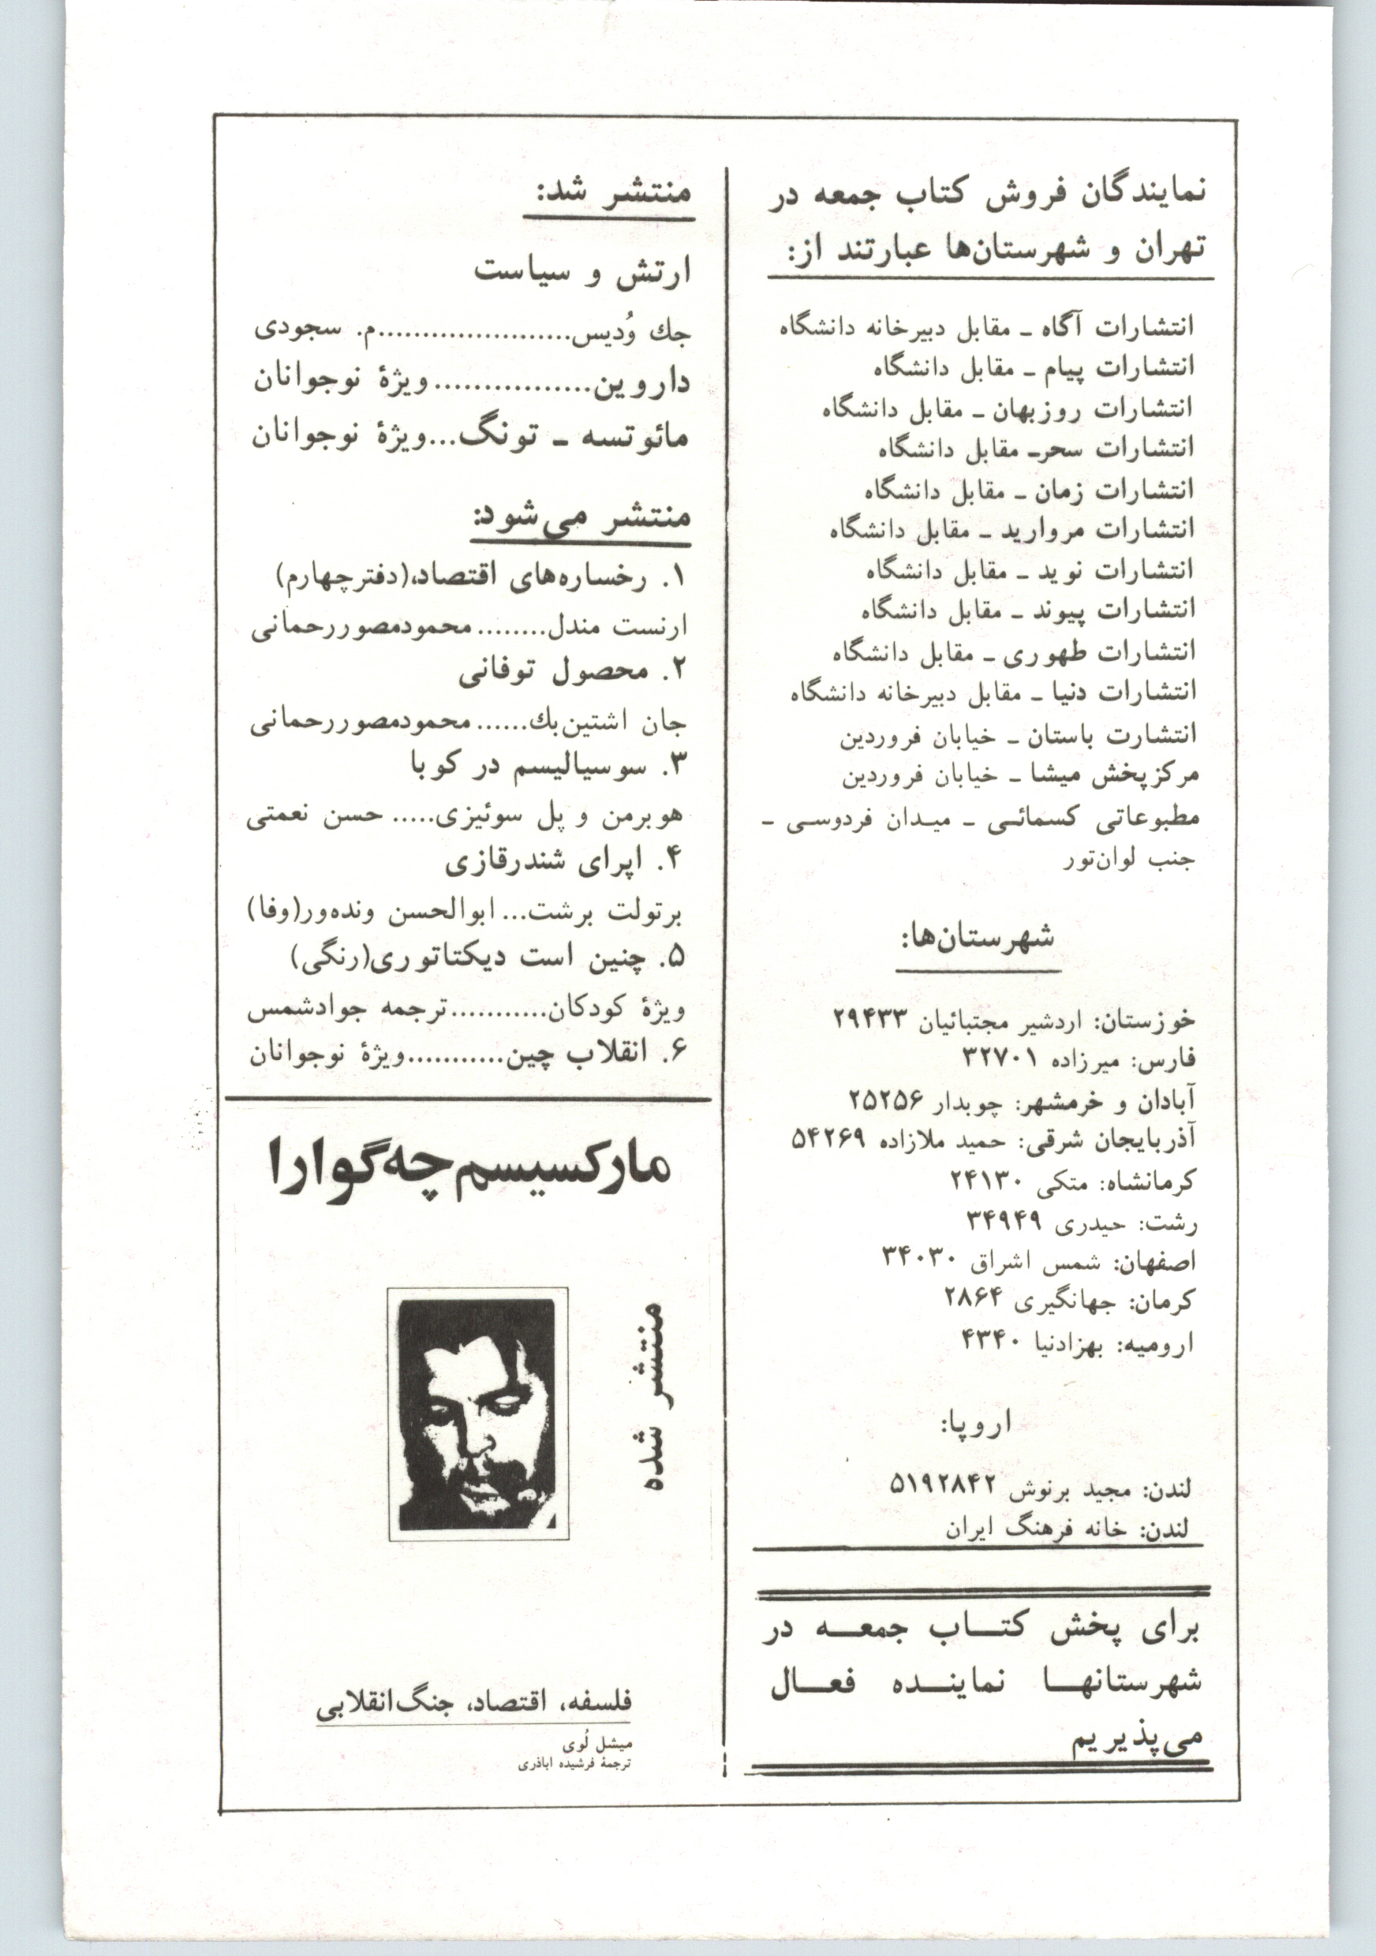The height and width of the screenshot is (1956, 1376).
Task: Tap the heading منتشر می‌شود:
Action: click(x=582, y=518)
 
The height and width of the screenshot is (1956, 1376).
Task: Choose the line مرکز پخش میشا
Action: click(x=1020, y=777)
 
